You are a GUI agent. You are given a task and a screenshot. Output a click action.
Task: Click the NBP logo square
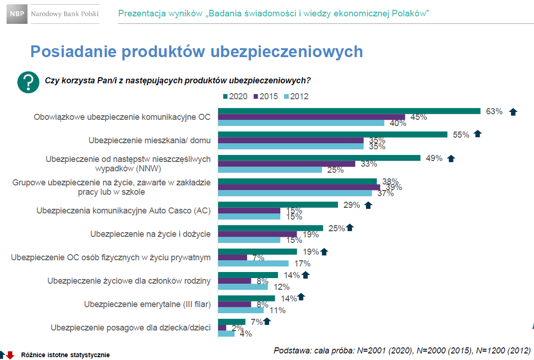(x=16, y=14)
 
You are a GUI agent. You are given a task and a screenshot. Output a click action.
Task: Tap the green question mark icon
(x=28, y=82)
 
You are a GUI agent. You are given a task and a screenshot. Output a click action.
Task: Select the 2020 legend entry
(x=235, y=96)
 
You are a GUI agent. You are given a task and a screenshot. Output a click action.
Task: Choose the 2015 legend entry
(x=265, y=96)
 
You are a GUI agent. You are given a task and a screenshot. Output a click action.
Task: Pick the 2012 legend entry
(x=296, y=96)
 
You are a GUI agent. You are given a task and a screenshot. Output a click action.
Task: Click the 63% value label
(x=494, y=111)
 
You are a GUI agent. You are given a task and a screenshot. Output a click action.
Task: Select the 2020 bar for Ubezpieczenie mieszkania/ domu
(x=333, y=134)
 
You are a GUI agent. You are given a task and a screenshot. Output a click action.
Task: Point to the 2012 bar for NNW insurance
(x=270, y=169)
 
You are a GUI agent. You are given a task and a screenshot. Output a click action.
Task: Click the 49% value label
(x=434, y=158)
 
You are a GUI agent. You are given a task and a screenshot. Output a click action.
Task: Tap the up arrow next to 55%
(x=477, y=134)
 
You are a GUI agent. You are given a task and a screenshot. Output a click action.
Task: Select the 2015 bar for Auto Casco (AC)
(x=249, y=211)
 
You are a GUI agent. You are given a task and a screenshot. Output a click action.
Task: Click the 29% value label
(x=351, y=205)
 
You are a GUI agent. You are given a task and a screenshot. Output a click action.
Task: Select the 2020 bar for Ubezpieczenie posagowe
(x=232, y=322)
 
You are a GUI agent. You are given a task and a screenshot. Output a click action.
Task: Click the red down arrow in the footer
(x=10, y=355)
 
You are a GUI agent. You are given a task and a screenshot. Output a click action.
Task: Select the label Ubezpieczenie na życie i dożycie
(x=150, y=234)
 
